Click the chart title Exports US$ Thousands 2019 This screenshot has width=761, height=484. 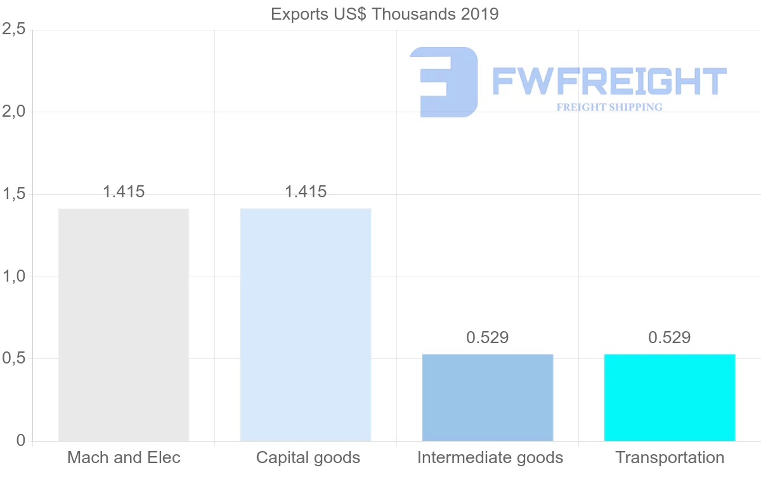click(x=384, y=14)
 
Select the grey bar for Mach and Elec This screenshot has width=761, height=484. click(x=124, y=324)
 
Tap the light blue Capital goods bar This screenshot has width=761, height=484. click(x=306, y=324)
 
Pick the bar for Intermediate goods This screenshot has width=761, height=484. click(x=488, y=397)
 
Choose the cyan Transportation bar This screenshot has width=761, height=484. click(x=670, y=397)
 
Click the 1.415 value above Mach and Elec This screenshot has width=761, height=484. click(x=124, y=192)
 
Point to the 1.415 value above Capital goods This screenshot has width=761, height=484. click(x=306, y=192)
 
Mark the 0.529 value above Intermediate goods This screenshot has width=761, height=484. click(x=488, y=337)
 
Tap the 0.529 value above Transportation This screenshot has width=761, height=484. click(x=670, y=337)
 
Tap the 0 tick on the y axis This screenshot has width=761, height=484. click(x=21, y=441)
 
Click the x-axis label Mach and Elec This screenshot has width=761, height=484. click(x=124, y=457)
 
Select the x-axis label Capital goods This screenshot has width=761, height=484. click(x=308, y=457)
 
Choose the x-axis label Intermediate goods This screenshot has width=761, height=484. click(x=490, y=457)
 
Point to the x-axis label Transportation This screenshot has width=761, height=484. click(x=670, y=457)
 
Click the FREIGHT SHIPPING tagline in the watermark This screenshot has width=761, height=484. click(x=609, y=107)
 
